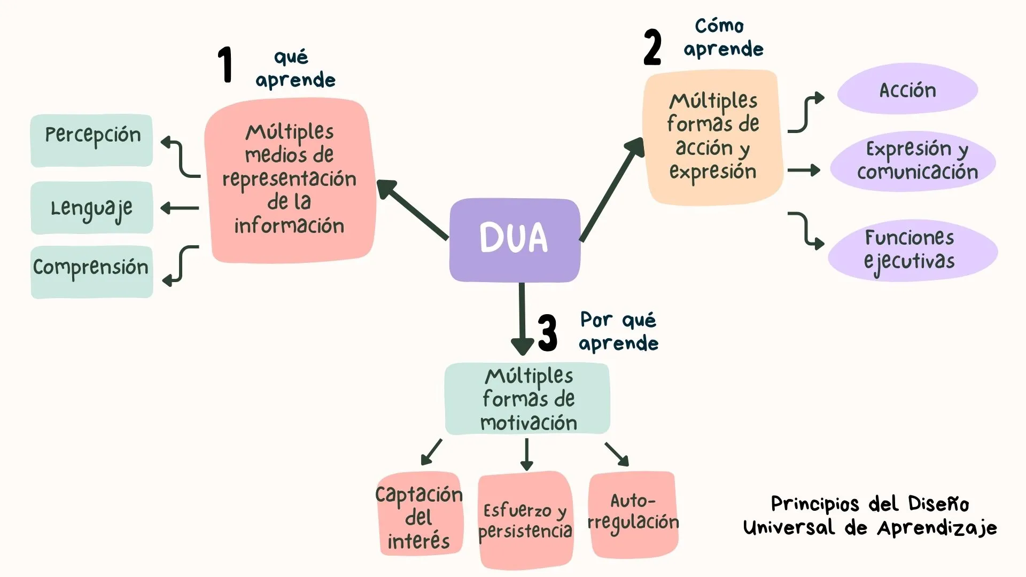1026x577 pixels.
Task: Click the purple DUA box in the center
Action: pyautogui.click(x=514, y=239)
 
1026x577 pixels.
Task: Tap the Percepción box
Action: pyautogui.click(x=92, y=140)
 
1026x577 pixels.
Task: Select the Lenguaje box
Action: pyautogui.click(x=92, y=208)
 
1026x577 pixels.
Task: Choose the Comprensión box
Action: pyautogui.click(x=92, y=271)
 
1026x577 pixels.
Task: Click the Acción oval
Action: pyautogui.click(x=907, y=89)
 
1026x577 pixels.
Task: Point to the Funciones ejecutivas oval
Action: pyautogui.click(x=912, y=250)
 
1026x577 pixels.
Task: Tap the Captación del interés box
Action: pyautogui.click(x=419, y=515)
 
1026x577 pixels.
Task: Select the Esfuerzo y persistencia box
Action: pyautogui.click(x=525, y=520)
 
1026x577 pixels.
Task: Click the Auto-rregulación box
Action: pyautogui.click(x=633, y=514)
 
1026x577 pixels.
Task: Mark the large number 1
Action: pyautogui.click(x=226, y=65)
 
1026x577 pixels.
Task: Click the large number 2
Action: pyautogui.click(x=652, y=48)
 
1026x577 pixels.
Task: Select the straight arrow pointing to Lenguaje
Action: pyautogui.click(x=180, y=208)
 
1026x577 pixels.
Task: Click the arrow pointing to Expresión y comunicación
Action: pyautogui.click(x=803, y=170)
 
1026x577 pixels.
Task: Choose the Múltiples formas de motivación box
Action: pyautogui.click(x=527, y=399)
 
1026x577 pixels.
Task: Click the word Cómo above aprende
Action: pyautogui.click(x=719, y=26)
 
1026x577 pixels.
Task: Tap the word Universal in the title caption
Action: pyautogui.click(x=789, y=528)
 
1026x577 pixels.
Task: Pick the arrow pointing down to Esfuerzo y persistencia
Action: pyautogui.click(x=527, y=454)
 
